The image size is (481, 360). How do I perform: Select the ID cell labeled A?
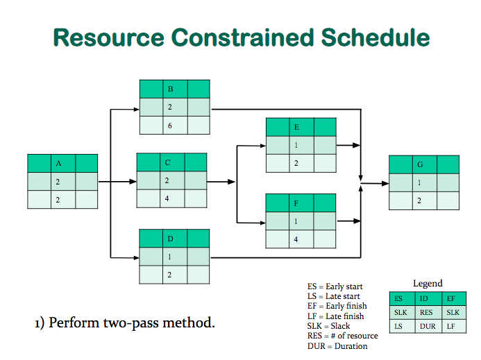pyautogui.click(x=59, y=164)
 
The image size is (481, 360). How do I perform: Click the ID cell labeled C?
pyautogui.click(x=167, y=162)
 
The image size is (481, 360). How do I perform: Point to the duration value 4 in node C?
pyautogui.click(x=167, y=198)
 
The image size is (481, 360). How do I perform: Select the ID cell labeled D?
pyautogui.click(x=171, y=239)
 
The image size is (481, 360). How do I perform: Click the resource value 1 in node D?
pyautogui.click(x=171, y=257)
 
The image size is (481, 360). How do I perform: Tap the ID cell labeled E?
pyautogui.click(x=297, y=128)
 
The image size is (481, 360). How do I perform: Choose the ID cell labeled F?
pyautogui.click(x=296, y=204)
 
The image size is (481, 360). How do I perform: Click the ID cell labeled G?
pyautogui.click(x=420, y=164)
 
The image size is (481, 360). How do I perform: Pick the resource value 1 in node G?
pyautogui.click(x=420, y=182)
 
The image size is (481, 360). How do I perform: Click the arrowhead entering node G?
pyautogui.click(x=384, y=184)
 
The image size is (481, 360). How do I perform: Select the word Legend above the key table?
pyautogui.click(x=428, y=283)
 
